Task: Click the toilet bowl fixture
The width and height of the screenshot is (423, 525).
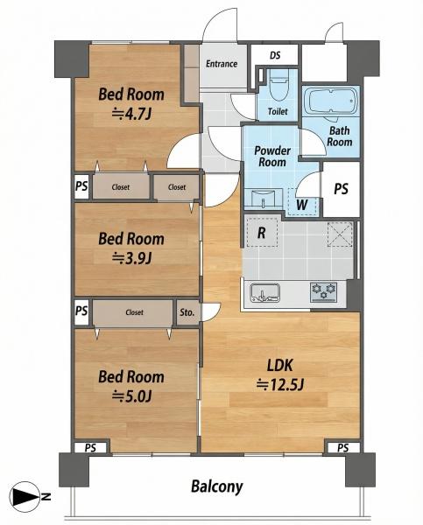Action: [x=278, y=86]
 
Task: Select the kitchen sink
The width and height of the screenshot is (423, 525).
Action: [x=264, y=293]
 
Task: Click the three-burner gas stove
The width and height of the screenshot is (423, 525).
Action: [x=323, y=292]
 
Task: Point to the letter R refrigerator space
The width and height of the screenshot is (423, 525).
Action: [x=262, y=232]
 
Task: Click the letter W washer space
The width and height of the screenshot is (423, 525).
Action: [x=302, y=204]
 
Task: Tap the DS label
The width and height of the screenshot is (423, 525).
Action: [x=275, y=55]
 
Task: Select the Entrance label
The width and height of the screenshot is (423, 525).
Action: [x=222, y=64]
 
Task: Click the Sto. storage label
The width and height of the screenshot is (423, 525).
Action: [x=187, y=312]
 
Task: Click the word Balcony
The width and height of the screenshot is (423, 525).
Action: [x=217, y=486]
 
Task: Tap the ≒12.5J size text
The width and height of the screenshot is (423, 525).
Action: [x=280, y=385]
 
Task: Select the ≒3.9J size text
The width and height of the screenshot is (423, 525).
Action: [x=131, y=258]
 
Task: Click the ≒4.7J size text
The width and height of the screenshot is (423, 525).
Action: [x=131, y=114]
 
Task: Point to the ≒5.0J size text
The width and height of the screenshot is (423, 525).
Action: [x=131, y=396]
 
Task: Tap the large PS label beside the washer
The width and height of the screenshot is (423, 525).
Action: [x=341, y=189]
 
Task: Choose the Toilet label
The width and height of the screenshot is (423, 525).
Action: [x=278, y=111]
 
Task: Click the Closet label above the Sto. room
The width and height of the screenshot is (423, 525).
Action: [x=134, y=312]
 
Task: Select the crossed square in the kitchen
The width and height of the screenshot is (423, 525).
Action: [x=340, y=234]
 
